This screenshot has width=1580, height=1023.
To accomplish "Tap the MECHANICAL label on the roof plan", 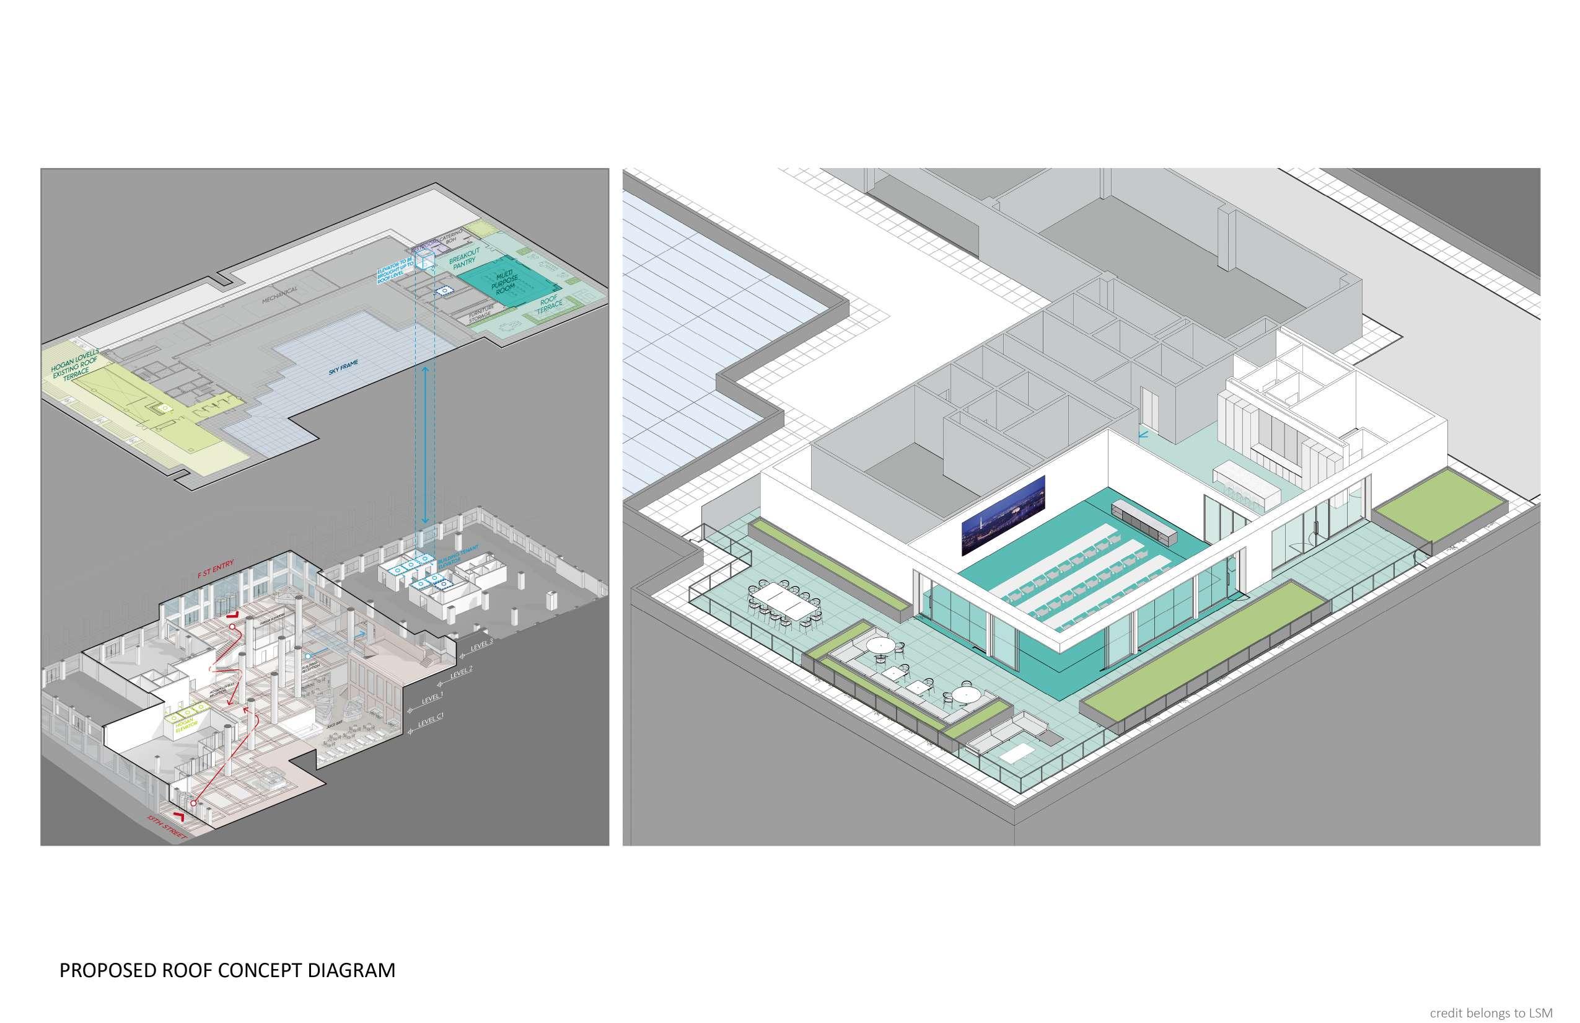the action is click(x=279, y=295).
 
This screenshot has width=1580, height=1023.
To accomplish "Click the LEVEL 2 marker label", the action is click(x=462, y=671).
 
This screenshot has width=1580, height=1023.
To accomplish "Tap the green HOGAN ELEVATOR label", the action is click(x=183, y=726).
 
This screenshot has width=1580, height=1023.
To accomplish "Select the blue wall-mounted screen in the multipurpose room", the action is click(x=1003, y=515).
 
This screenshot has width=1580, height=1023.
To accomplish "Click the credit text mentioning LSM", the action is click(x=1490, y=1012).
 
